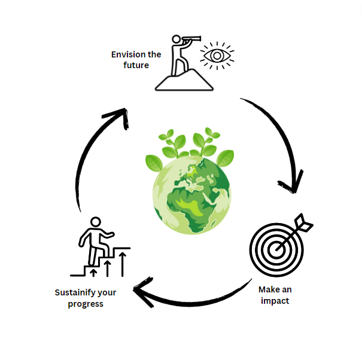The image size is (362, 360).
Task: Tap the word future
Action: point(136,65)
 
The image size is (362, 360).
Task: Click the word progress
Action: point(86,304)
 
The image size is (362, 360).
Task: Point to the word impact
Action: point(275,301)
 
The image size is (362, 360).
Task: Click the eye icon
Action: point(217,56)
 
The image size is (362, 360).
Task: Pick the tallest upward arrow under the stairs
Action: point(122,263)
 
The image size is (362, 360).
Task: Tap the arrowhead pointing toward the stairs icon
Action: point(142,293)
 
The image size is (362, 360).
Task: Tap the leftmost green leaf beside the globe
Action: point(155,161)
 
